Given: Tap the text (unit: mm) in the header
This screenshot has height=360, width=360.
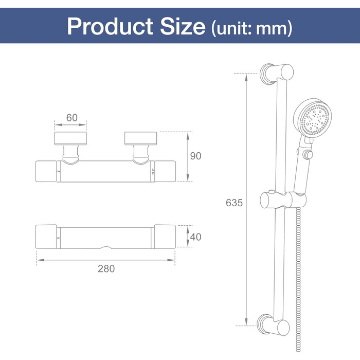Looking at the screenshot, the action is click(x=252, y=28).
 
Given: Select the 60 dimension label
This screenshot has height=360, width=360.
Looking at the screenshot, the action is click(x=72, y=118).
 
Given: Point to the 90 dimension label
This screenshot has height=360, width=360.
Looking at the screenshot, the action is click(x=195, y=156).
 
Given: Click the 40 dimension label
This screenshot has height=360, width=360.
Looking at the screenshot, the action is click(x=195, y=237).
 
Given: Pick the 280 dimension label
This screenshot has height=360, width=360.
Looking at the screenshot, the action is click(x=106, y=268).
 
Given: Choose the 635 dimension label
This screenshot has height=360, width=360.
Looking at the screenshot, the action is click(x=234, y=203).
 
